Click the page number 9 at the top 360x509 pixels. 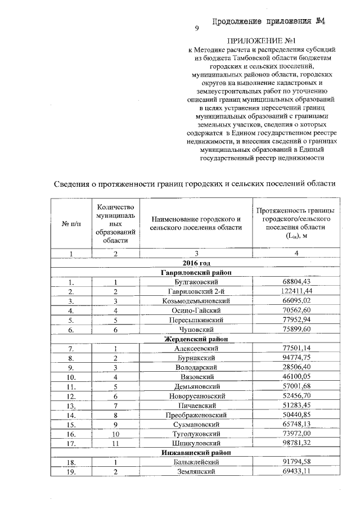[x=197, y=29]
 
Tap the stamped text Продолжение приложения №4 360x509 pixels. [x=269, y=22]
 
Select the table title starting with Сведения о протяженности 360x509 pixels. [x=195, y=183]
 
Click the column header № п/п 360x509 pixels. [x=71, y=223]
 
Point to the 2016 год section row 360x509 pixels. [x=196, y=263]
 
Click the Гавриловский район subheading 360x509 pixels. [x=196, y=272]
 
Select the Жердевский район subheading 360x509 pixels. [x=196, y=339]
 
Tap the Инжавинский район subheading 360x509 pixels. [x=196, y=452]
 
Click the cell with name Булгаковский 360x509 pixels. [x=196, y=281]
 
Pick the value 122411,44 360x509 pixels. [x=295, y=291]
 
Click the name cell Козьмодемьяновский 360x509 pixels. [x=196, y=300]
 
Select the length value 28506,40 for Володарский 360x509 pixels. [x=295, y=367]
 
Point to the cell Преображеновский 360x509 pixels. [x=196, y=415]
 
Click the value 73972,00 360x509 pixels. [x=295, y=434]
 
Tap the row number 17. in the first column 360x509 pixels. [x=71, y=443]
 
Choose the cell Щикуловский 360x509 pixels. [x=196, y=443]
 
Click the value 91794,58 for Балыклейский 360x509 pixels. [x=295, y=462]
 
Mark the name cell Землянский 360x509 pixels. [x=196, y=471]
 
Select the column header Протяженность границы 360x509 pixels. [x=295, y=223]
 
